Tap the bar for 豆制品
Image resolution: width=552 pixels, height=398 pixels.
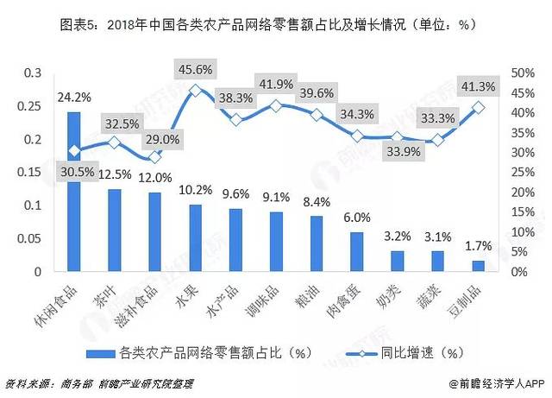(479, 266)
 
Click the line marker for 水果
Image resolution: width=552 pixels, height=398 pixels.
(196, 90)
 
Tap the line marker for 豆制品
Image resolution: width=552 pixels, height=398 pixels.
(479, 107)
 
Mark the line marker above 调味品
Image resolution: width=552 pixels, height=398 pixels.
(277, 105)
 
